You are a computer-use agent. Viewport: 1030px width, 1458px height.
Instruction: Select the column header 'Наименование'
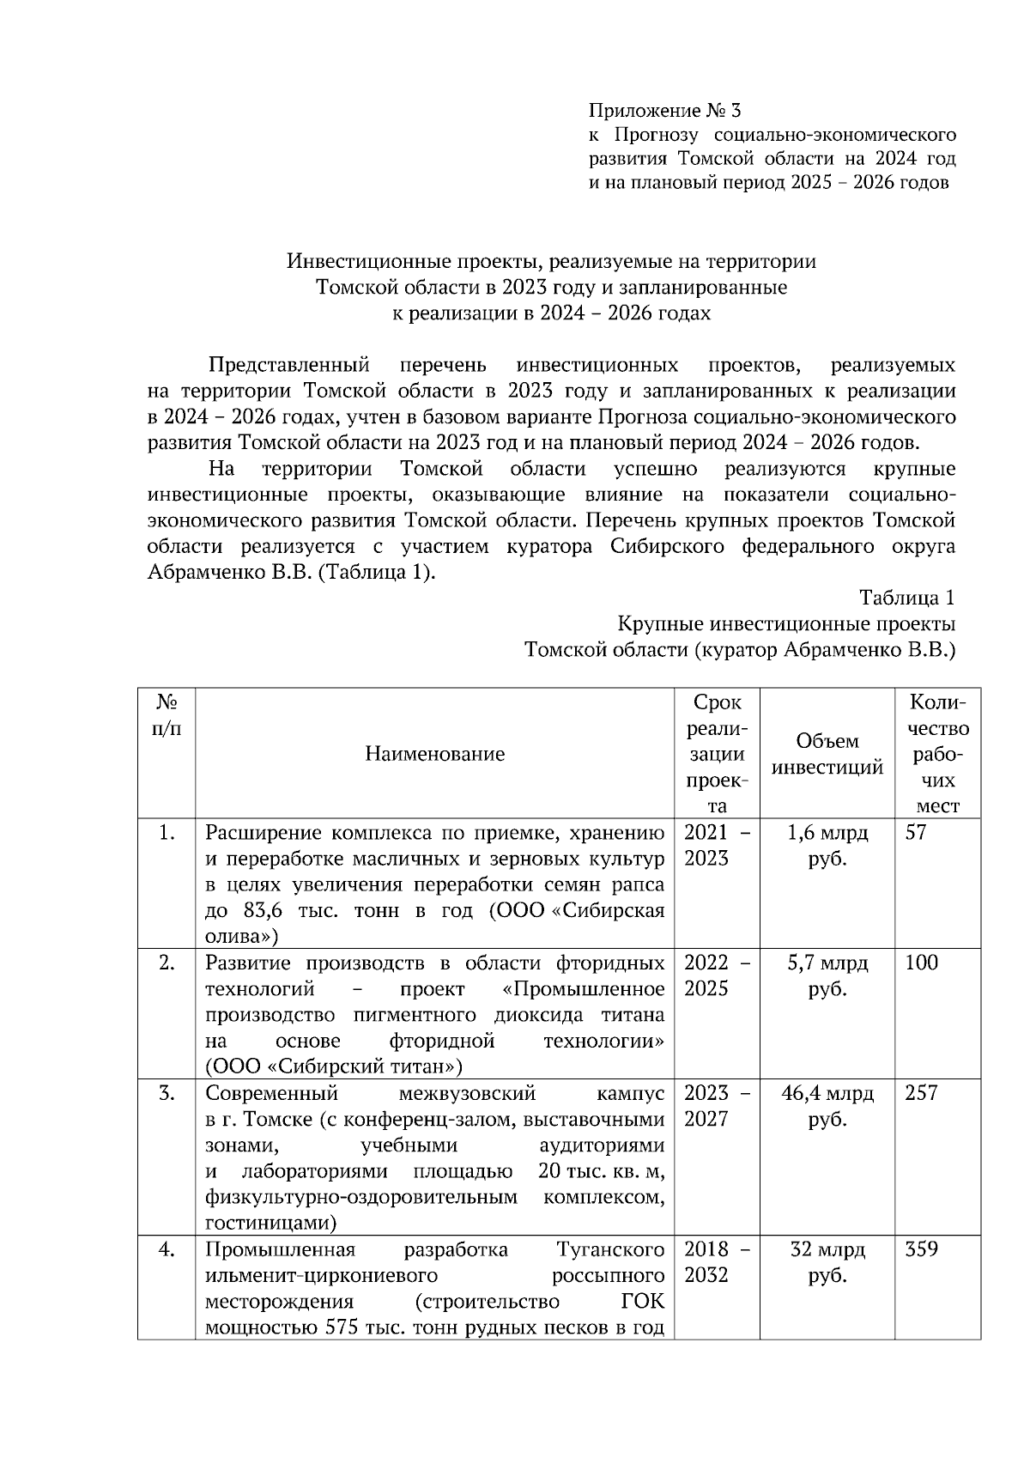434,754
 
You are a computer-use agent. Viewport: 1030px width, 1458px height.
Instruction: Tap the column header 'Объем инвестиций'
827,754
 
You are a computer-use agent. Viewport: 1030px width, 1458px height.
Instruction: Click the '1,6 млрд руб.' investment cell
827,845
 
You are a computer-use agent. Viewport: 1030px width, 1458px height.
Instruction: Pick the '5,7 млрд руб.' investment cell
827,975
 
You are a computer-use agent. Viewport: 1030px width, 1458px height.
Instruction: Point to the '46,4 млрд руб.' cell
827,1106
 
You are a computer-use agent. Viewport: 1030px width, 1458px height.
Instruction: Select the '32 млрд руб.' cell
827,1262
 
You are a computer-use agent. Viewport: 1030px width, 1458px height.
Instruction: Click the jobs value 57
916,833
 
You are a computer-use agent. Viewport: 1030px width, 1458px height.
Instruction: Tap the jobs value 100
921,963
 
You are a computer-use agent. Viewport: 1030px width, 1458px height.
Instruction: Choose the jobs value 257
921,1094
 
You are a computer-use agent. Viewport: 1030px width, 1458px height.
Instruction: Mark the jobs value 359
921,1250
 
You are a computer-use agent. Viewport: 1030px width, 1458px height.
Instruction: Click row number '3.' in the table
167,1094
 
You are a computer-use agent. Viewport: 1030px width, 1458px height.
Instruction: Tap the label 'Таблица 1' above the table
906,598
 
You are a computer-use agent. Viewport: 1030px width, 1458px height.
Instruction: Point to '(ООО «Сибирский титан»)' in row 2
333,1067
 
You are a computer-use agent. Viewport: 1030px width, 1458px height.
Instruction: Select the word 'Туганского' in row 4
609,1250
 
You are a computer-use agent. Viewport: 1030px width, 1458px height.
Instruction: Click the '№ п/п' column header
167,715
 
